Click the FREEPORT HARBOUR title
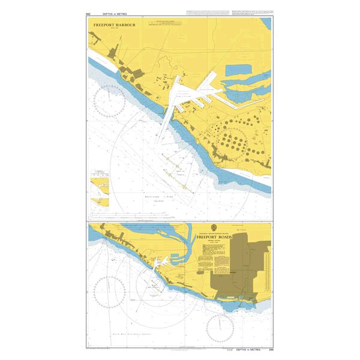[115, 25]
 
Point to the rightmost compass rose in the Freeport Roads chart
[220, 327]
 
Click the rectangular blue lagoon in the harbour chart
[246, 71]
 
